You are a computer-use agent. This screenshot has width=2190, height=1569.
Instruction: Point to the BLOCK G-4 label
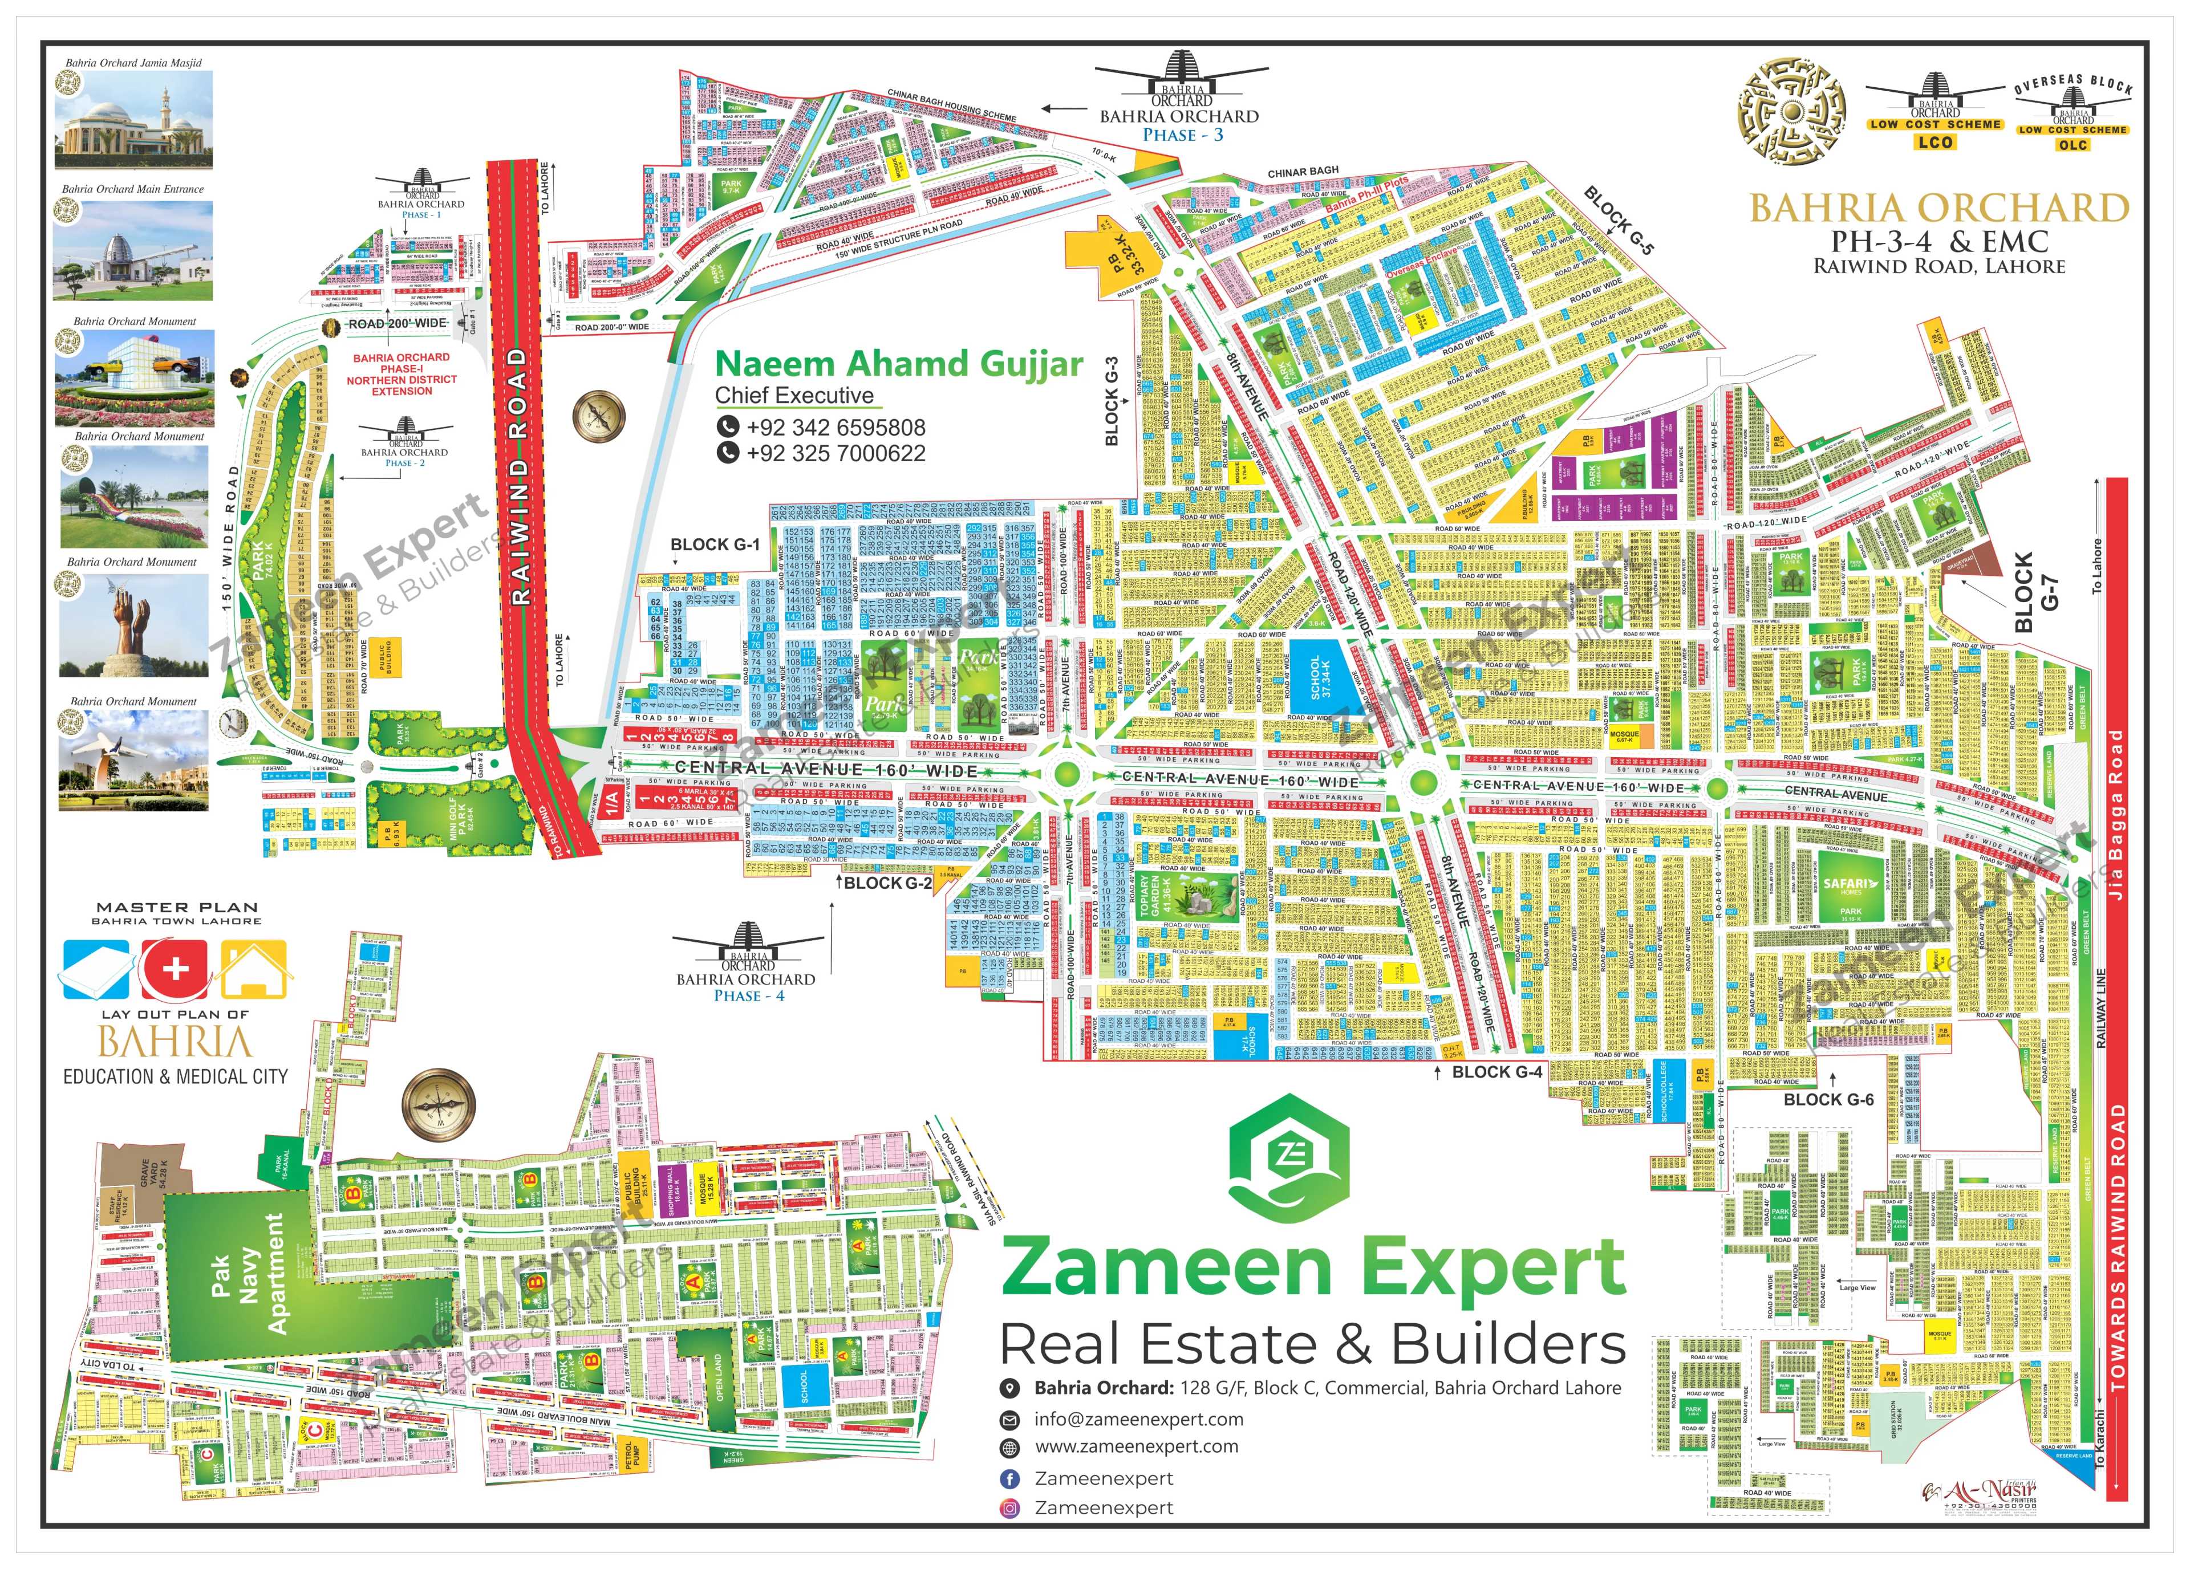(1496, 1072)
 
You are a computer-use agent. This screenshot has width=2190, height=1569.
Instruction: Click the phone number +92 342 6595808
(836, 428)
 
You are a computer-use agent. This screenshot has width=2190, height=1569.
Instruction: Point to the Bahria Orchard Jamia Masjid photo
(133, 120)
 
